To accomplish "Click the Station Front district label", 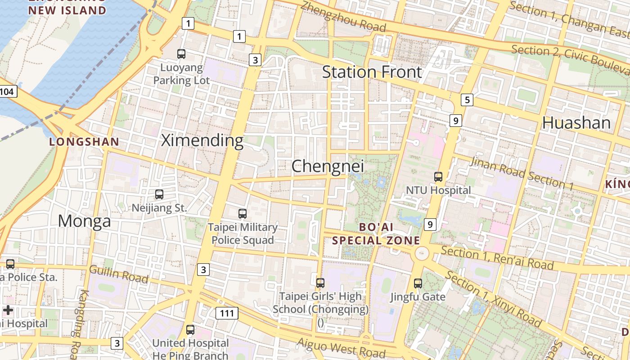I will (x=372, y=72).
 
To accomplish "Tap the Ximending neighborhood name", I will (x=202, y=140).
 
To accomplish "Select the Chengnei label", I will (x=327, y=166).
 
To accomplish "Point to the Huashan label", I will (x=576, y=122).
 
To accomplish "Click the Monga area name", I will (x=84, y=221).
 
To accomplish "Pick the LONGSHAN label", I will (x=84, y=142).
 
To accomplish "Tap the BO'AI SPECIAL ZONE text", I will (x=376, y=234).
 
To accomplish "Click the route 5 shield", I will (x=468, y=100).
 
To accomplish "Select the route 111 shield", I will (x=227, y=313).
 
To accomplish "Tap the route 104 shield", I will (x=7, y=92).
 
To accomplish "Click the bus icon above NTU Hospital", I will (x=438, y=177).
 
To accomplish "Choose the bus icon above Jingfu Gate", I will (x=418, y=283).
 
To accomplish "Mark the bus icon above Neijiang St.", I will (x=159, y=194).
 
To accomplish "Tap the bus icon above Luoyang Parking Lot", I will (x=181, y=54).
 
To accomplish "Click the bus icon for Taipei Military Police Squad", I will (x=243, y=214).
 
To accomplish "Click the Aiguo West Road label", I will (x=341, y=347).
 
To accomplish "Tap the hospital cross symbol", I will (x=8, y=310).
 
